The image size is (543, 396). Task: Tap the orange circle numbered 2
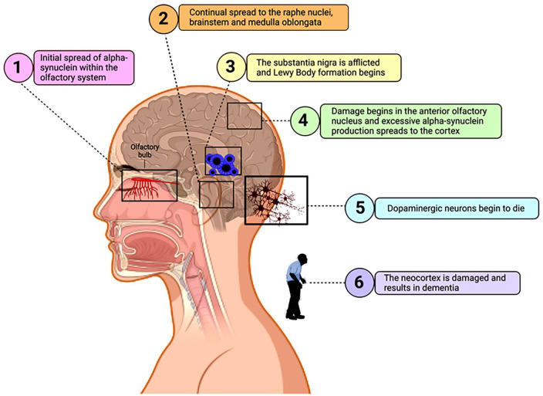163,22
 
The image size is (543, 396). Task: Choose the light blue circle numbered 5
360,207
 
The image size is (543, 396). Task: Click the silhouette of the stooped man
297,286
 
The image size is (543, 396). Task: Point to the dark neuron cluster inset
275,200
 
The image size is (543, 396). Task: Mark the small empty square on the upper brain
245,116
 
